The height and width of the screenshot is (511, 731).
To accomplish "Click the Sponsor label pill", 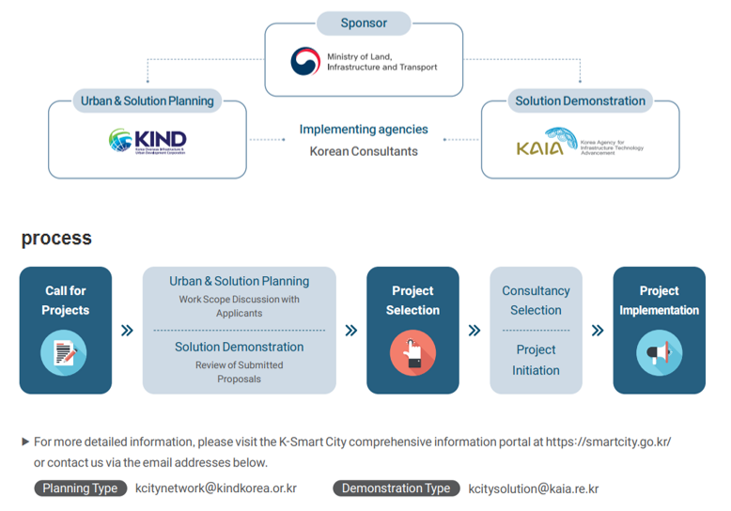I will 364,22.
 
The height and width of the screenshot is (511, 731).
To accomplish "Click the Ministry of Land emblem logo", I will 304,61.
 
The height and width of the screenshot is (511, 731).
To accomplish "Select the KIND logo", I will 148,141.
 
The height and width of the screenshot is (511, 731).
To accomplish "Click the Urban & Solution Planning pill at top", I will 146,101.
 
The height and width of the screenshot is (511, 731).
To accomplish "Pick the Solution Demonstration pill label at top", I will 580,101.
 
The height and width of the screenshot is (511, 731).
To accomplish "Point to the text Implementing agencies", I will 364,130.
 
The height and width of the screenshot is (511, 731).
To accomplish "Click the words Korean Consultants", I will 364,150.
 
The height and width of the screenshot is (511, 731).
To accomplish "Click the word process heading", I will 56,238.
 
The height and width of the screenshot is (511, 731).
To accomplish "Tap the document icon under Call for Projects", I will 65,353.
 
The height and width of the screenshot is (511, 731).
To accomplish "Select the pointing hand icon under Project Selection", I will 412,353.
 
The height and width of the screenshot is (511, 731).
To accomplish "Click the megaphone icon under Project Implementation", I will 659,353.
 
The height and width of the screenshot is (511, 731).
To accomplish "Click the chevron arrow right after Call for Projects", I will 127,331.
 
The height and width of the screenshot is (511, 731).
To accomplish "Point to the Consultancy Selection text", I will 536,301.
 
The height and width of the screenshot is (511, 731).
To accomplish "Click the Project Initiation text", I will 536,360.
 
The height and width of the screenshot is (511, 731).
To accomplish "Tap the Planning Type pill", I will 81,488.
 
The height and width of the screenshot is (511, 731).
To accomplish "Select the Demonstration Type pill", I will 396,488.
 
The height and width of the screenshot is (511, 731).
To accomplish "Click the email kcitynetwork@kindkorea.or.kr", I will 216,488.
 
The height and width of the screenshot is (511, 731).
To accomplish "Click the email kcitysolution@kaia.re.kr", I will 534,488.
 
